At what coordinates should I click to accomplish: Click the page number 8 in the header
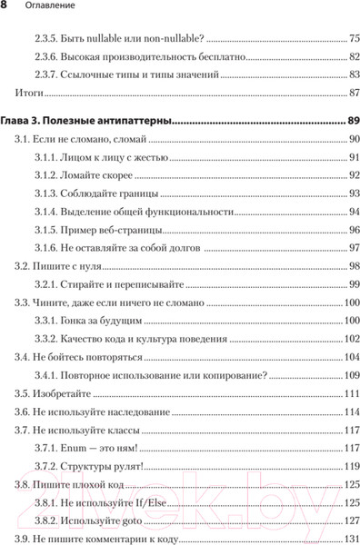pos(5,8)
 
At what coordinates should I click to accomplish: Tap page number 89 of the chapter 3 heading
pos(353,120)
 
